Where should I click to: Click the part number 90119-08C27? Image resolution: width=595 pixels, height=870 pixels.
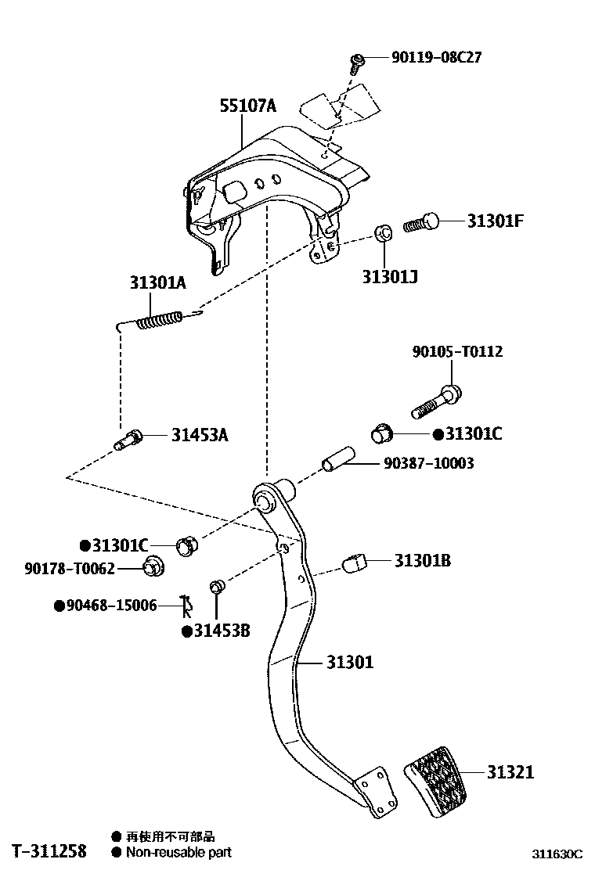437,58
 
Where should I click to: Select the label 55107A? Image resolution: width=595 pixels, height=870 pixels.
248,106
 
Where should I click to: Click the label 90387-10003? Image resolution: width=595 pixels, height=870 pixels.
428,464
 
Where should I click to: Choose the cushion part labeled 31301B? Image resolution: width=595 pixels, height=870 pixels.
356,562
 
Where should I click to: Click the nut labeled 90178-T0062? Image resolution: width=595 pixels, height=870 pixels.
152,567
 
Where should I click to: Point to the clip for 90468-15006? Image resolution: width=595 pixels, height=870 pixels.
186,605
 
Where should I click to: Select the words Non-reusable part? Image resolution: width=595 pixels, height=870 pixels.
178,853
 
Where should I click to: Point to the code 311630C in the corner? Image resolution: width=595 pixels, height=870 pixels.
558,854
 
